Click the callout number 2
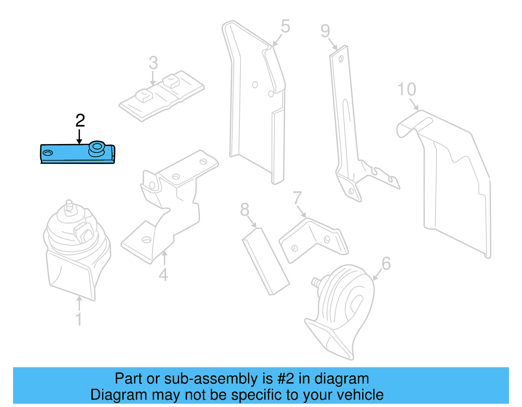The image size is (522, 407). point(80,121)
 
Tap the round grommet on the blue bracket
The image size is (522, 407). point(97,147)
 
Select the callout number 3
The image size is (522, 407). point(153,63)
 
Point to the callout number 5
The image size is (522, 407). point(285,26)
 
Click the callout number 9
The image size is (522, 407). point(325,31)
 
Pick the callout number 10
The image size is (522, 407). point(407,89)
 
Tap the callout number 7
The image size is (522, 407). point(297,198)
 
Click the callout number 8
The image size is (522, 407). point(244,210)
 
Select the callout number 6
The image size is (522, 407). point(386,263)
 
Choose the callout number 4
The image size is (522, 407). point(163,274)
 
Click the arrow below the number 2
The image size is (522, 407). point(79,137)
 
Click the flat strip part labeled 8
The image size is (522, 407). point(265,261)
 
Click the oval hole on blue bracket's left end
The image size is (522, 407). point(48,153)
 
